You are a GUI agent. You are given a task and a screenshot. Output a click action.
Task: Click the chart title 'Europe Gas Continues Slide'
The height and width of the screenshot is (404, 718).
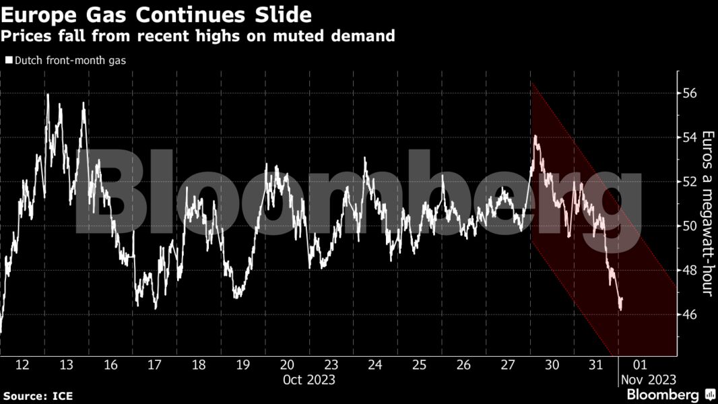[x=157, y=13]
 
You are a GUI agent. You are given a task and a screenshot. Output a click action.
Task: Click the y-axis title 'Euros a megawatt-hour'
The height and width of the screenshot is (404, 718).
[x=707, y=213]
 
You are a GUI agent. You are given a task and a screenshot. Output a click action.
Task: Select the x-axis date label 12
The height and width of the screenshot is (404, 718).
[x=22, y=365]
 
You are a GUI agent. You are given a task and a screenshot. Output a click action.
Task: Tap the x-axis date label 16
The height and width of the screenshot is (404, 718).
[x=110, y=365]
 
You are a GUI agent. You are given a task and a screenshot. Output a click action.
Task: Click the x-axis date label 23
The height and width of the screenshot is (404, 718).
[x=331, y=365]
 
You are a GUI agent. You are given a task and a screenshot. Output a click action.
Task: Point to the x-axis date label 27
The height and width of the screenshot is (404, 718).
[x=507, y=365]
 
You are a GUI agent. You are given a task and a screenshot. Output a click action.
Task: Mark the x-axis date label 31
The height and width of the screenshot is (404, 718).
[x=595, y=365]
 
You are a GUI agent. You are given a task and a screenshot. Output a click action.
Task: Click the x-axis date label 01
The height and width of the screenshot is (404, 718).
[x=640, y=365]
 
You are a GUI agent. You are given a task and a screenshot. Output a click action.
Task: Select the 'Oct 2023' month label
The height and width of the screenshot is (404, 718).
[x=308, y=380]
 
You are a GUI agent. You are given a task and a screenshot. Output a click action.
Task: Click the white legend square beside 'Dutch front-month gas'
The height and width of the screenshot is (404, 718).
[x=8, y=61]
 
